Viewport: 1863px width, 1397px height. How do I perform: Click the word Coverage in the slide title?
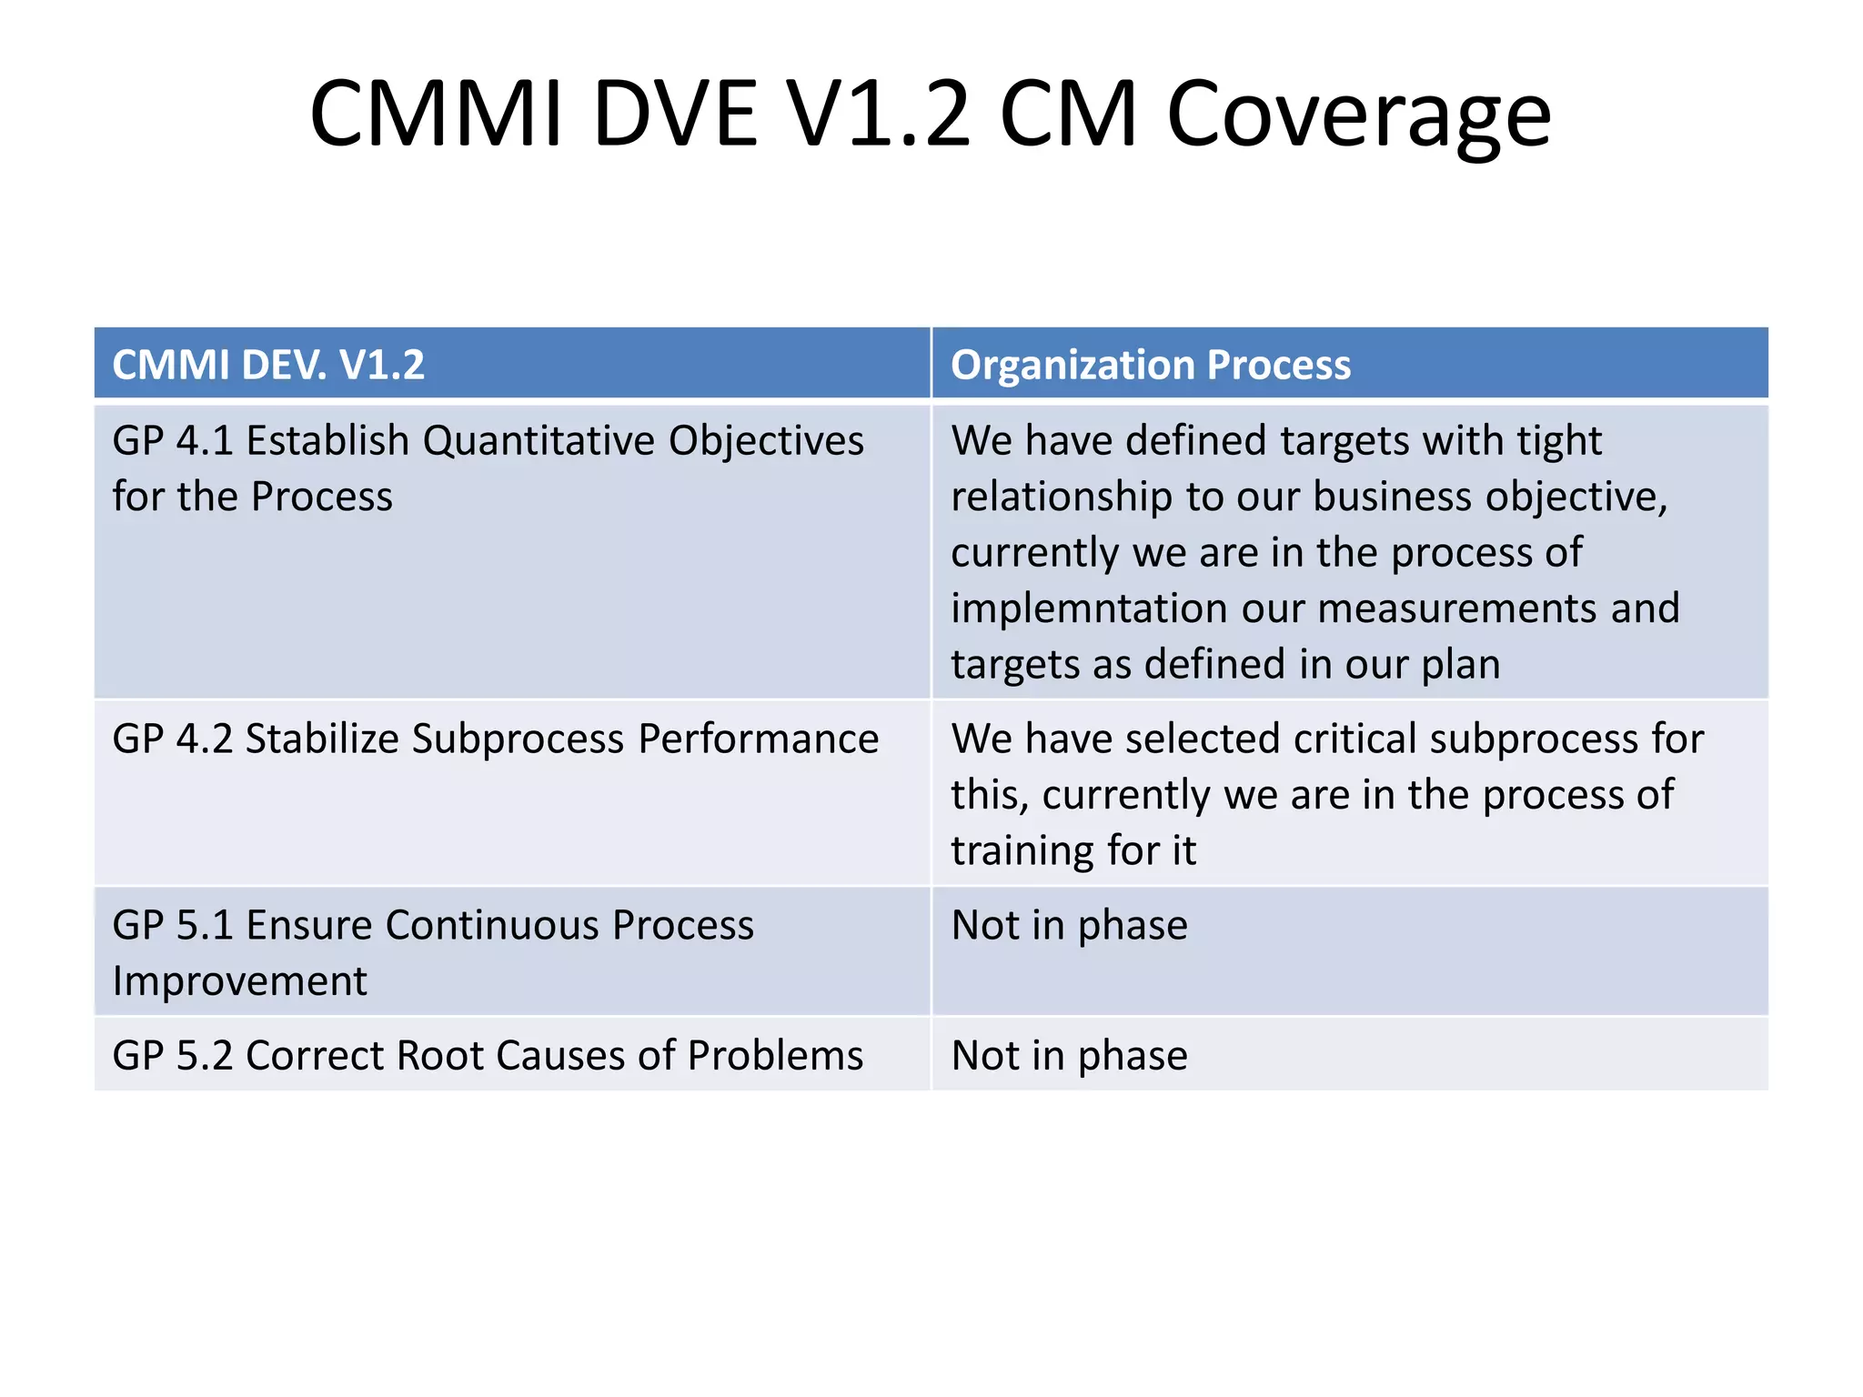pos(1358,116)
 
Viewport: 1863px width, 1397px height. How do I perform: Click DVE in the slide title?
pos(675,116)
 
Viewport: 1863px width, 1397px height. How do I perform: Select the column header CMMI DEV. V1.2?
pos(268,365)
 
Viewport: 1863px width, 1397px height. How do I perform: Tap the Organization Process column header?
pos(1151,365)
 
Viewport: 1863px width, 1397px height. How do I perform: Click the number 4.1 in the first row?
pos(206,441)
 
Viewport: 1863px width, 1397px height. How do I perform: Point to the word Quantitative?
pos(539,441)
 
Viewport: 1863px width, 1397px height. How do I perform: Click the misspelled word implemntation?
pos(1088,608)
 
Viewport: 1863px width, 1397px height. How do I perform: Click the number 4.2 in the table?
pos(206,739)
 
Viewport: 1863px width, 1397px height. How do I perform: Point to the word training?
pos(1022,851)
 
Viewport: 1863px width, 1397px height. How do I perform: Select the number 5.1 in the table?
pos(206,926)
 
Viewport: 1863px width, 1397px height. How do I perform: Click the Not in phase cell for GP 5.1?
pos(1069,926)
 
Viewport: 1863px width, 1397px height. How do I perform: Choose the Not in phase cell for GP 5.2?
pos(1069,1056)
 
